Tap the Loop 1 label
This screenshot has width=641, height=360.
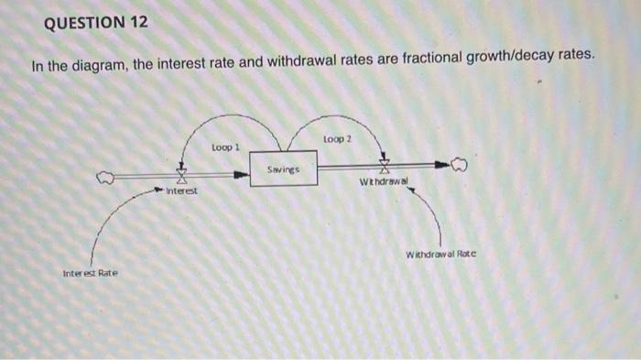point(224,147)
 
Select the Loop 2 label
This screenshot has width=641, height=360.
point(336,137)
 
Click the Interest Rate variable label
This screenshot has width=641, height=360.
point(91,273)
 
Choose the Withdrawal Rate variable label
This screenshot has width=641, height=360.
point(440,254)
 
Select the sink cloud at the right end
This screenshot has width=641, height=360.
point(458,166)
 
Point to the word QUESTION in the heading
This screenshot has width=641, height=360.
point(78,22)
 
